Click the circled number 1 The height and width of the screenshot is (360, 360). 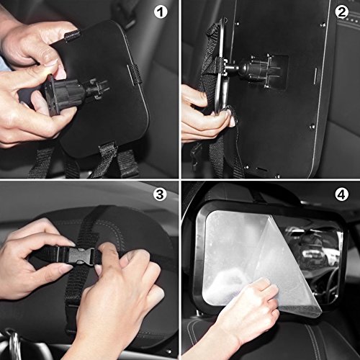160,12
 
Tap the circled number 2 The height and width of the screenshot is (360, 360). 341,12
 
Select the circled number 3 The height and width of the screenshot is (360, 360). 160,194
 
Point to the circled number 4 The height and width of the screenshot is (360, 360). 341,194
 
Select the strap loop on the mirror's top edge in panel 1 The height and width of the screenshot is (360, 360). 71,35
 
